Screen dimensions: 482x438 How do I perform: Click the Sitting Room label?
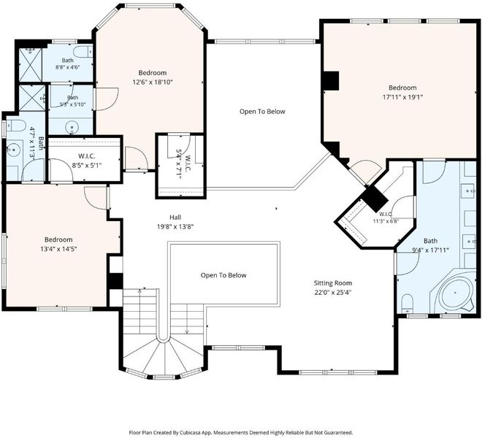(x=332, y=283)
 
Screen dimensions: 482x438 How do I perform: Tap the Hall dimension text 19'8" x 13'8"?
(x=175, y=227)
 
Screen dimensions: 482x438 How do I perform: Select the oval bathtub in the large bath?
(x=455, y=293)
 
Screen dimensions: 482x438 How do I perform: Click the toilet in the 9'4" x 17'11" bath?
(x=408, y=304)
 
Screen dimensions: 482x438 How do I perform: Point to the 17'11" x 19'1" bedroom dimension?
(x=402, y=97)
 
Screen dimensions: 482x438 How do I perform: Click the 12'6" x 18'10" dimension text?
(x=153, y=82)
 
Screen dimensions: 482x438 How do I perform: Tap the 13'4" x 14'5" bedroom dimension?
(x=58, y=249)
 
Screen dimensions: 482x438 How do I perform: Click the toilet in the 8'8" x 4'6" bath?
(x=83, y=52)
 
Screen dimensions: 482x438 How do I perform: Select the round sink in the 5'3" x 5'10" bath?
(x=72, y=127)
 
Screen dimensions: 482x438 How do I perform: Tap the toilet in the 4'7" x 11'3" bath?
(x=15, y=126)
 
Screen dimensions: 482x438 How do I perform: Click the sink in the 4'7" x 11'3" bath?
(x=14, y=150)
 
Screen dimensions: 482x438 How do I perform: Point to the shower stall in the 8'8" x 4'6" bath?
(x=31, y=65)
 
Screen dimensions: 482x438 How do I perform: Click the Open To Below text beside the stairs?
(x=223, y=275)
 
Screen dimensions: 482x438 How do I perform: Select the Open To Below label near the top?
(x=262, y=112)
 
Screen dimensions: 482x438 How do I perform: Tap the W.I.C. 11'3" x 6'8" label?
(x=386, y=218)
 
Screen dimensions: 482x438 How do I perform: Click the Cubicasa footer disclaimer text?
(x=241, y=432)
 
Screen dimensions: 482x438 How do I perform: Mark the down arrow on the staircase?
(x=187, y=323)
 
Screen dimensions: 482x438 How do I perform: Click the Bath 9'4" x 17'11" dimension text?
(x=430, y=250)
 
